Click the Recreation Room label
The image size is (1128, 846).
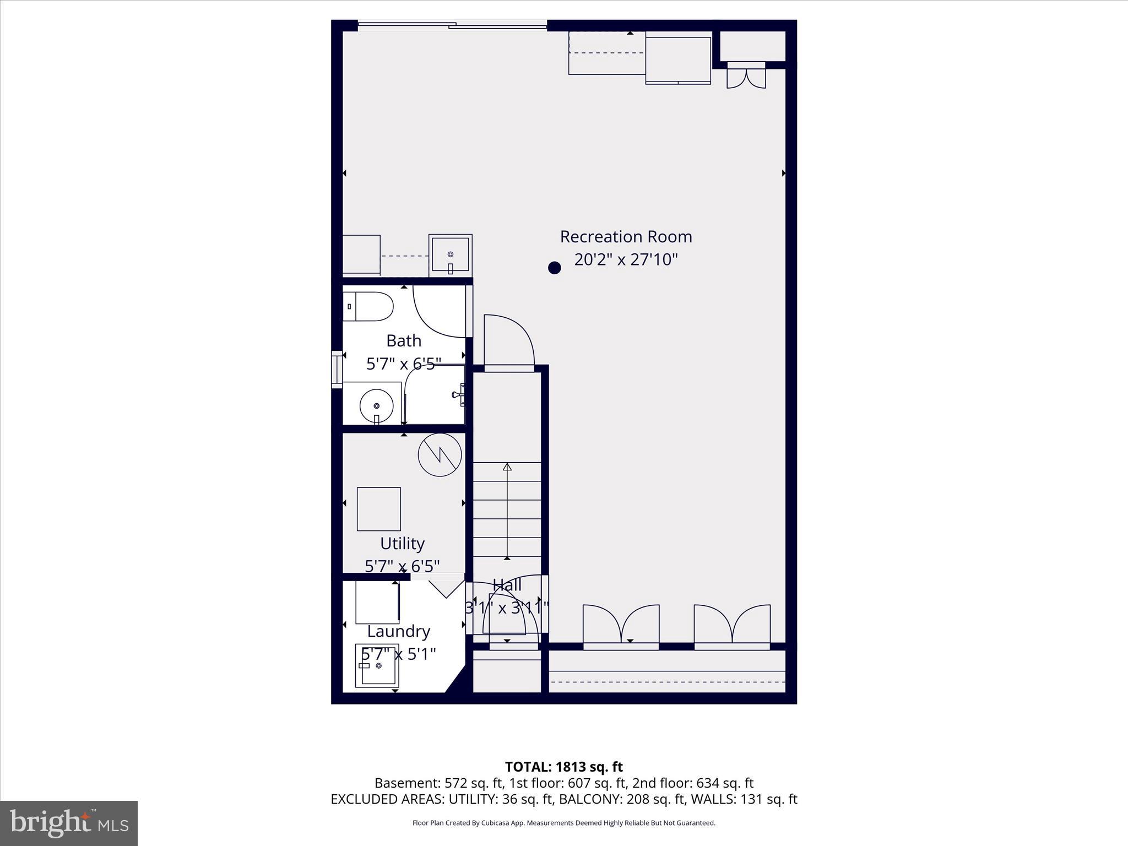pos(626,237)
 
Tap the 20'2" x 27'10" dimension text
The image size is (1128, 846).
pos(626,259)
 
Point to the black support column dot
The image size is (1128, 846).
pos(554,268)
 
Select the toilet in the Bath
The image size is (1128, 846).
pos(368,306)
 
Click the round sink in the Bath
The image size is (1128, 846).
pos(376,406)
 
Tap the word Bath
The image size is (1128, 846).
pos(404,341)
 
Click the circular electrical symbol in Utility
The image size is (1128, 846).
pos(440,455)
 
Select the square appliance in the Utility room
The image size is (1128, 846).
pos(378,509)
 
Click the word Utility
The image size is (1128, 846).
pos(402,544)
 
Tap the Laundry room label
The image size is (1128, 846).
pos(398,631)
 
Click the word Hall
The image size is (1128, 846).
pos(507,585)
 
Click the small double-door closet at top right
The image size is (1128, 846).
pos(746,76)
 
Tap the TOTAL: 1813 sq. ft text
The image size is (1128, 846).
pos(563,767)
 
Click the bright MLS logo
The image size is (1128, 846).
pos(68,823)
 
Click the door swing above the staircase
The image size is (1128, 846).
pos(507,339)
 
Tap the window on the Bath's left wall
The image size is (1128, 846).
pos(336,370)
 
